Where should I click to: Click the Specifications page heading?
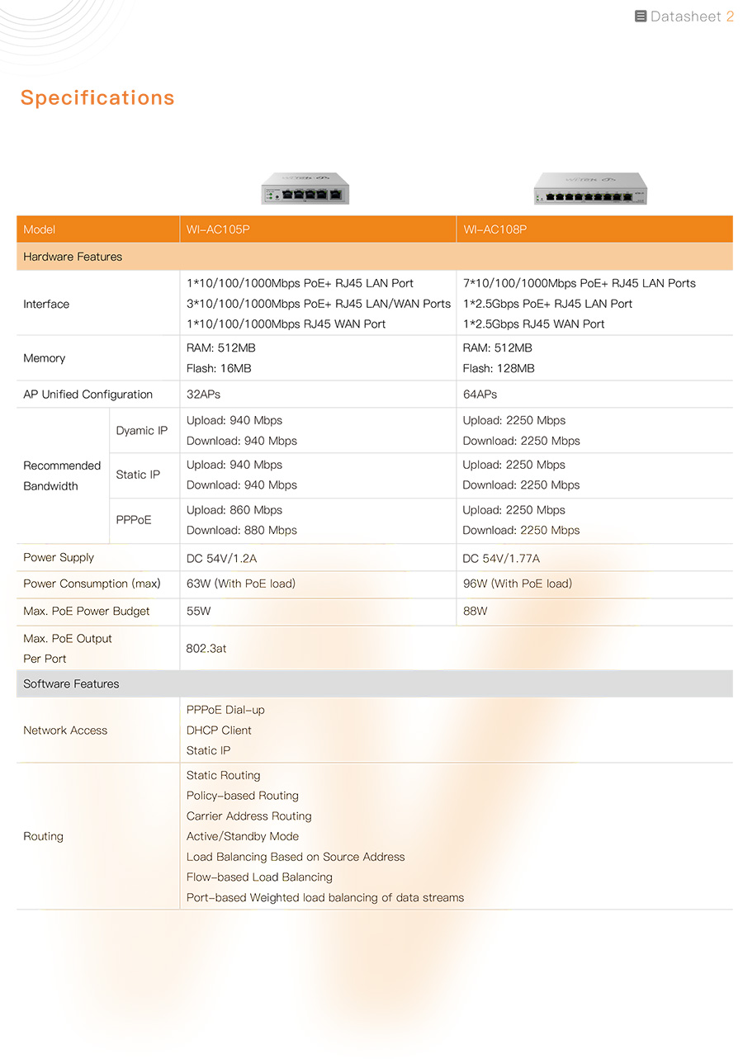point(97,97)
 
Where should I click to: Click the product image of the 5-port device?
point(305,188)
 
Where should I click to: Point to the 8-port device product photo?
point(589,189)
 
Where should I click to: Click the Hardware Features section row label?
point(73,257)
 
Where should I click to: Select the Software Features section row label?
point(71,683)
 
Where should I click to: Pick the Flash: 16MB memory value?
point(219,368)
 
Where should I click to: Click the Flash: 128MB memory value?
point(499,368)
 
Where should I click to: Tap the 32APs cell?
point(203,395)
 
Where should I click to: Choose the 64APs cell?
point(480,395)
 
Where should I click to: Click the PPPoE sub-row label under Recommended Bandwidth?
point(134,520)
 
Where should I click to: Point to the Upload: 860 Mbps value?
point(234,510)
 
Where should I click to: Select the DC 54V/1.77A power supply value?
point(501,559)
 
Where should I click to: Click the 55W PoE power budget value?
point(199,612)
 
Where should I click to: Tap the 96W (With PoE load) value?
point(518,584)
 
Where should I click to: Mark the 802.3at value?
point(206,649)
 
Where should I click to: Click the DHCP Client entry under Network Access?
point(219,730)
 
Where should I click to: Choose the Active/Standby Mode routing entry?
point(243,836)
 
